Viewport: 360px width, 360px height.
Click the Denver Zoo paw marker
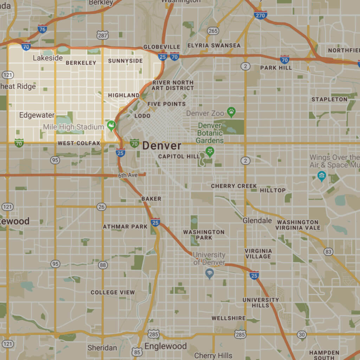click(x=231, y=112)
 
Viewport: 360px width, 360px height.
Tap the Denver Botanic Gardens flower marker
click(x=210, y=152)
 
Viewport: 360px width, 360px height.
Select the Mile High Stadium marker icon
click(x=111, y=125)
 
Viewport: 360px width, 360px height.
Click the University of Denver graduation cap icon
click(x=210, y=273)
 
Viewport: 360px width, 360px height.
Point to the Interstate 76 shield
click(x=42, y=29)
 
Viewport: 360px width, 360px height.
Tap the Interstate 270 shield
click(x=260, y=15)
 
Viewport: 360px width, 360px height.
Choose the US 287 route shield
click(x=103, y=35)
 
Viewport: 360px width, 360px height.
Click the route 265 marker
click(x=213, y=31)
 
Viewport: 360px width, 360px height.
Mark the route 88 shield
click(x=103, y=265)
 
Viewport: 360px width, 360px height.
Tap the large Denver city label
click(x=162, y=146)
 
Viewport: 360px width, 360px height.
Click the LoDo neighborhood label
click(x=142, y=116)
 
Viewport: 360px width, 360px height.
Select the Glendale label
click(x=257, y=220)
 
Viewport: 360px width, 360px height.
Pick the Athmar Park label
click(x=125, y=227)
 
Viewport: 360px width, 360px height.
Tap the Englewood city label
click(x=166, y=346)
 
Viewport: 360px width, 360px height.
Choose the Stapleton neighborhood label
click(x=329, y=99)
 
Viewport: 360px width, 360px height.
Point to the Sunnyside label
click(x=125, y=61)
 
